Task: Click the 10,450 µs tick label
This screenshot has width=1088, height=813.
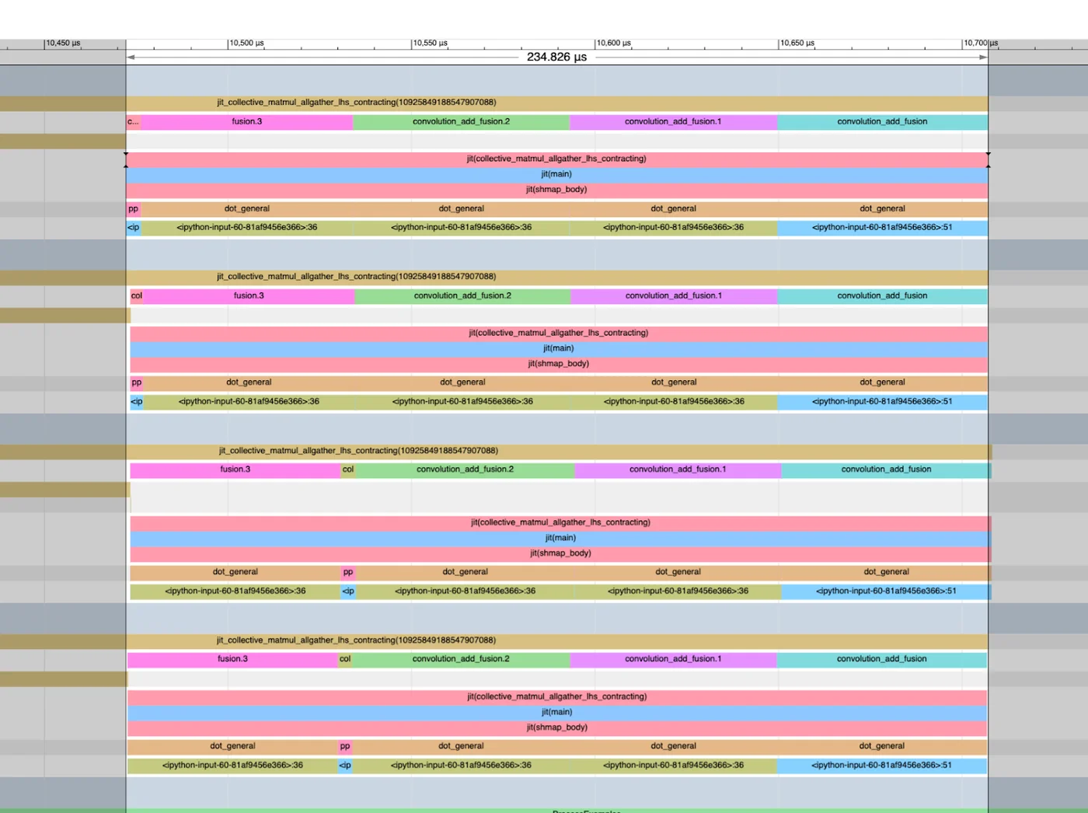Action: tap(63, 44)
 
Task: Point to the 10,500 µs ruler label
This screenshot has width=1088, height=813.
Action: tap(246, 44)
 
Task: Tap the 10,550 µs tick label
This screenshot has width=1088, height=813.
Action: tap(430, 44)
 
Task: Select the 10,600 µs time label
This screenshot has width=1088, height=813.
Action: tap(613, 44)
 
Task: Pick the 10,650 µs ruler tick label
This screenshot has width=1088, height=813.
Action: tap(797, 44)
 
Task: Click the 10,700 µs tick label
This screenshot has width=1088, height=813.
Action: tap(981, 44)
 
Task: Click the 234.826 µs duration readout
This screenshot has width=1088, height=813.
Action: tap(556, 57)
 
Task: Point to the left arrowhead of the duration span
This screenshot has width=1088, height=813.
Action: tap(131, 57)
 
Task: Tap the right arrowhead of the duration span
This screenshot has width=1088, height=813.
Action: tap(983, 57)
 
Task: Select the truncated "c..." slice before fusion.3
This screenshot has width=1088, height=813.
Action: tap(133, 121)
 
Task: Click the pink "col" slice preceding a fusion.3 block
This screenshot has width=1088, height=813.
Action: tap(137, 295)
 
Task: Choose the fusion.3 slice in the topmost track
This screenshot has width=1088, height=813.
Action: tap(247, 121)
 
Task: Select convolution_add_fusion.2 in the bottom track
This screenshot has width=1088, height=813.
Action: tap(461, 659)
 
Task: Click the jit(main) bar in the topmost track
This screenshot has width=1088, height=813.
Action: tap(556, 174)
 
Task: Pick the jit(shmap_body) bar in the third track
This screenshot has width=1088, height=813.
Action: tap(560, 553)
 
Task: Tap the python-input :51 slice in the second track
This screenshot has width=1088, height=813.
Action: tap(882, 401)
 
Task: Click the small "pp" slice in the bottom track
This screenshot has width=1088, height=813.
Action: tap(345, 746)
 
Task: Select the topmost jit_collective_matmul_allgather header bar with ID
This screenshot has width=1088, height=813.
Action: tap(357, 103)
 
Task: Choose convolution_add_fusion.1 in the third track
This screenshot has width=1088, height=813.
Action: tap(678, 469)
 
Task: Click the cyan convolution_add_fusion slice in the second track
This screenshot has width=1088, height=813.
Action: tap(882, 295)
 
